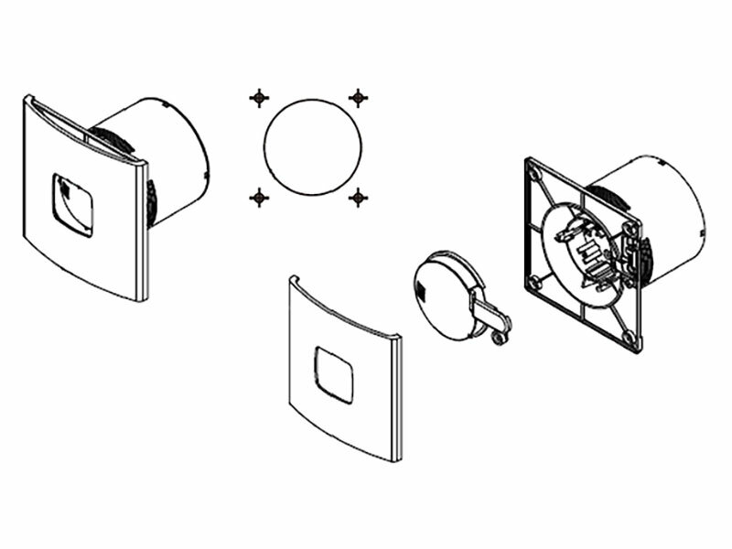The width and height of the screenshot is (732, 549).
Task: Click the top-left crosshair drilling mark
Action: pyautogui.click(x=259, y=96)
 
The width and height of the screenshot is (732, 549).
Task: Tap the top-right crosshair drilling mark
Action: pyautogui.click(x=358, y=96)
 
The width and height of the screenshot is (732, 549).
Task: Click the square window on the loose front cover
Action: pyautogui.click(x=332, y=373)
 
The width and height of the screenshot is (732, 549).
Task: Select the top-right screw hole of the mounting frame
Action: pyautogui.click(x=627, y=229)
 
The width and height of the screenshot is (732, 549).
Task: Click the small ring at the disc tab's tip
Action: pyautogui.click(x=498, y=339)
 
